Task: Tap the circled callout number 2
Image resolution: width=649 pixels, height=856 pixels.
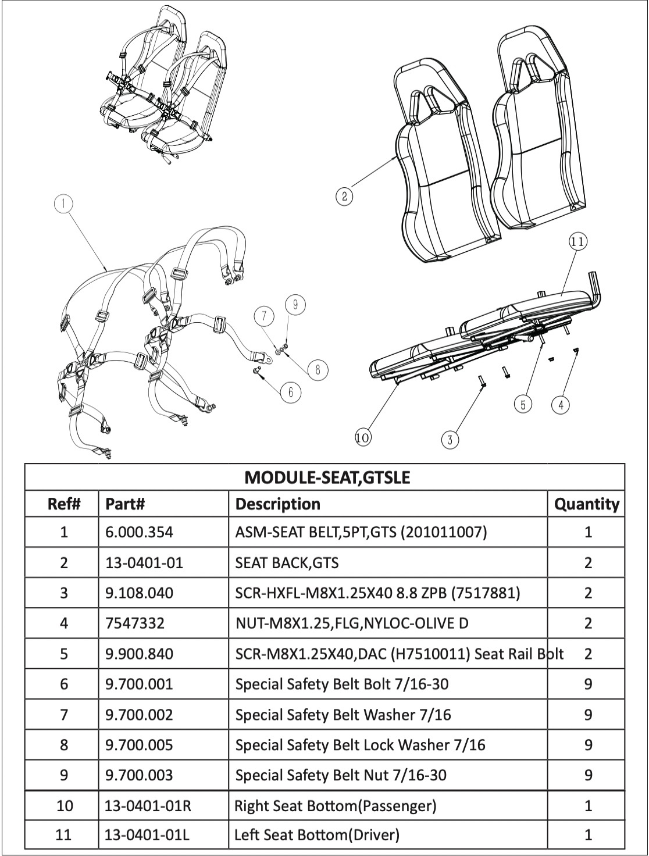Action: coord(344,197)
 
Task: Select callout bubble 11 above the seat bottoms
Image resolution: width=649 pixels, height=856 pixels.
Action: coord(577,241)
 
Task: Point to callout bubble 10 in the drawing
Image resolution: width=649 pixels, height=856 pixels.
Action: coord(363,437)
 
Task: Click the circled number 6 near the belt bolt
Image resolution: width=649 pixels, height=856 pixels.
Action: coord(291,393)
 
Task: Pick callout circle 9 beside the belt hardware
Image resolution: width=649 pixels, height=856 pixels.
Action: coord(295,304)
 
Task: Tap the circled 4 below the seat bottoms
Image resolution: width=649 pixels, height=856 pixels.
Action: coord(561,405)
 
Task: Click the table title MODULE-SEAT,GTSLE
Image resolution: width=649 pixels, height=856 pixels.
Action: coord(327,477)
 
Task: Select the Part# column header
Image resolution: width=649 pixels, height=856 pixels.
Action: coord(125,504)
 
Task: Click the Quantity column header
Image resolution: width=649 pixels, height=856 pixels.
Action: coord(587,504)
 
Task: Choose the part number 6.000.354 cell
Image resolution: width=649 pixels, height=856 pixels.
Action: coord(139,532)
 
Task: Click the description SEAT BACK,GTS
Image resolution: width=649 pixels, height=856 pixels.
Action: coord(287,562)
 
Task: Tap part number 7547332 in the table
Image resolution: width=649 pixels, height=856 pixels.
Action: coord(135,623)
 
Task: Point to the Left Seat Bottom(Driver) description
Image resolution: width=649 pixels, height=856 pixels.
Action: coord(316,835)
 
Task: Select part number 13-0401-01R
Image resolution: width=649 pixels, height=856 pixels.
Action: coord(148,805)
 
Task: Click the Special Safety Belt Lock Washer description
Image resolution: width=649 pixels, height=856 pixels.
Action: coord(360,745)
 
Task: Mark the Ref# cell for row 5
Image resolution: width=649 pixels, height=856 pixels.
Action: coord(64,654)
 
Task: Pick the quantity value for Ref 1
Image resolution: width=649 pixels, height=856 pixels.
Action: coord(588,532)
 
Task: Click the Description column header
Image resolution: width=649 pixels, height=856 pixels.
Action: coord(277,504)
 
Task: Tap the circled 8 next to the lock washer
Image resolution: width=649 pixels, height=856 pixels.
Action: coord(318,370)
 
